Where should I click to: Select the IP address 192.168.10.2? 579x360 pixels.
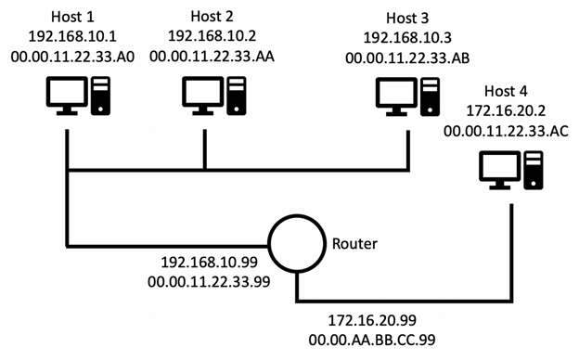coord(204,36)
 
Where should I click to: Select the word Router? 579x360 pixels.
coord(354,246)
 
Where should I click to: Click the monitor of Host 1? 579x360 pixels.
coord(67,96)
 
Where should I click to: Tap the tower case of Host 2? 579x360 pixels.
coord(237,93)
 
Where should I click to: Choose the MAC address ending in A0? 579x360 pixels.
coord(68,58)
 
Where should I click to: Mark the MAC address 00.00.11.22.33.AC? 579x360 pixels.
coord(506,132)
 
